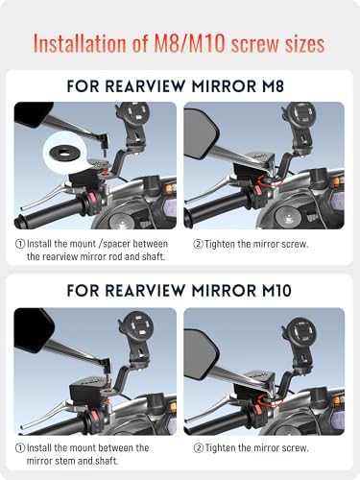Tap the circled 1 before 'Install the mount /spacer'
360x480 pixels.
(20, 244)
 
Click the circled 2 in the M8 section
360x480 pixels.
(198, 244)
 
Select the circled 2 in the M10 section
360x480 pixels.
(199, 448)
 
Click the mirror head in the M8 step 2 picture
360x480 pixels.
(201, 133)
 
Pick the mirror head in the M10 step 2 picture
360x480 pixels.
(201, 354)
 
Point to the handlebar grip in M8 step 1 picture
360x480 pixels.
(48, 212)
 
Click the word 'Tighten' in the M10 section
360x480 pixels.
(223, 447)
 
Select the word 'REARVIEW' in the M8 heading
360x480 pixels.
(146, 86)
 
